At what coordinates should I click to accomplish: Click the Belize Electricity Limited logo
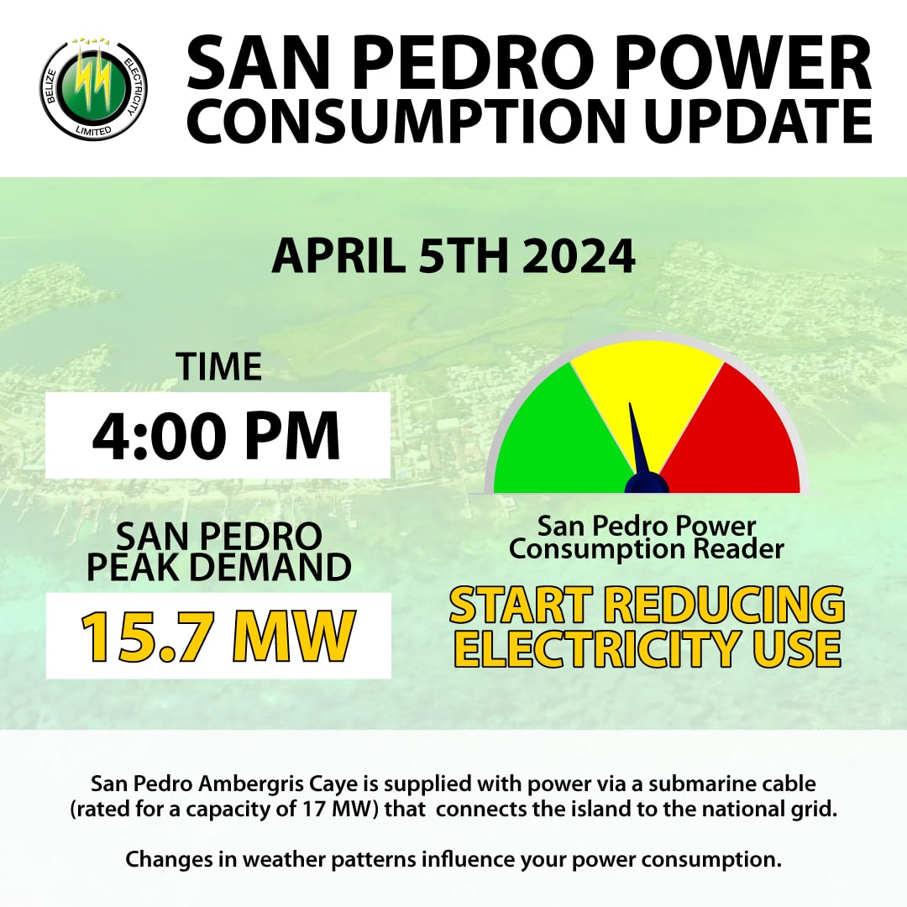point(94,91)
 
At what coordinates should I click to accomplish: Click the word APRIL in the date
point(340,256)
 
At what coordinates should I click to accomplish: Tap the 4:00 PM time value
point(217,435)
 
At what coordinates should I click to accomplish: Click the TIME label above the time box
point(218,368)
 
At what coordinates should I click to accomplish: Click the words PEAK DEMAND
point(218,568)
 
